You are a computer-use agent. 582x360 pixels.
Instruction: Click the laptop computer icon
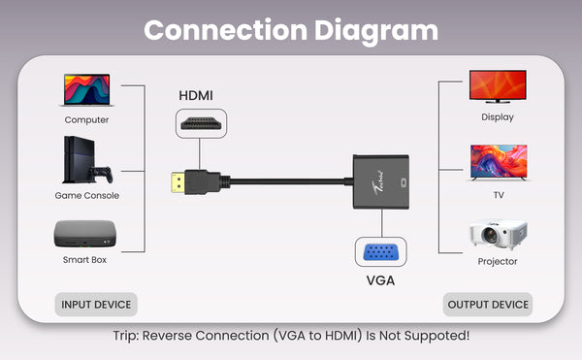pyautogui.click(x=86, y=90)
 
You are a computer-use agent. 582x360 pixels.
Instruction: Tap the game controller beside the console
pyautogui.click(x=100, y=175)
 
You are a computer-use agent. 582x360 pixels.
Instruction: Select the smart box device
pyautogui.click(x=85, y=234)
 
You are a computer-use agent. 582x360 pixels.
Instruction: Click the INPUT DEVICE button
pyautogui.click(x=96, y=305)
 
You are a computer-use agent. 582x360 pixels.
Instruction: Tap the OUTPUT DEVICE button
pyautogui.click(x=488, y=305)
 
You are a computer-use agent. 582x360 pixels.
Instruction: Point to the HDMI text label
pyautogui.click(x=196, y=95)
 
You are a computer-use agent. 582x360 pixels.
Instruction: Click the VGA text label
pyautogui.click(x=380, y=280)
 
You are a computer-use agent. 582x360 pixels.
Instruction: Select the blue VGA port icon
pyautogui.click(x=380, y=252)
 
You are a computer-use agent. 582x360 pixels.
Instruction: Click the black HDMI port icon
pyautogui.click(x=201, y=123)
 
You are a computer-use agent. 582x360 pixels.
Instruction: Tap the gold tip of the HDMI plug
pyautogui.click(x=178, y=182)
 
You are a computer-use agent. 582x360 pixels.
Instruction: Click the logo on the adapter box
pyautogui.click(x=379, y=181)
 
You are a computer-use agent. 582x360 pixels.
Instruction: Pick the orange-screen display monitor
pyautogui.click(x=498, y=86)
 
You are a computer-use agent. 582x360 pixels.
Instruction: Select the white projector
pyautogui.click(x=498, y=234)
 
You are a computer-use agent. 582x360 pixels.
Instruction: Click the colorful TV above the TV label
pyautogui.click(x=499, y=163)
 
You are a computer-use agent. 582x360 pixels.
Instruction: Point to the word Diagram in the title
pyautogui.click(x=376, y=31)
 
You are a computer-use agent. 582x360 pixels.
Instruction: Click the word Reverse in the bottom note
pyautogui.click(x=169, y=336)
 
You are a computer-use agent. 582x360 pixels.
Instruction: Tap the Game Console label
pyautogui.click(x=87, y=195)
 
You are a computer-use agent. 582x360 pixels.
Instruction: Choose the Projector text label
pyautogui.click(x=498, y=261)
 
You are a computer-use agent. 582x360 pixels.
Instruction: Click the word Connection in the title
pyautogui.click(x=226, y=30)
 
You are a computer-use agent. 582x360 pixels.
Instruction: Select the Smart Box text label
pyautogui.click(x=84, y=259)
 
